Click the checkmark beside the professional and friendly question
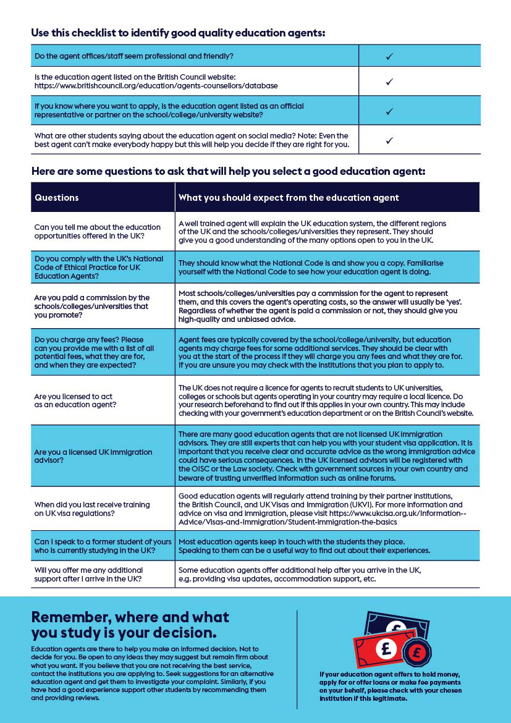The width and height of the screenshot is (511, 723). pos(389,56)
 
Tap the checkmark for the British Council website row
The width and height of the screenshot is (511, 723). pos(389,82)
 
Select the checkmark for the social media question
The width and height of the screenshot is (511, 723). pos(389,140)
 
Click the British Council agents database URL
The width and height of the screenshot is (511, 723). pos(156,86)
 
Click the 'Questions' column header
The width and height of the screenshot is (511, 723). pos(57,198)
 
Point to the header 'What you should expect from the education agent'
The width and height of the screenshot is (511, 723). pos(289,198)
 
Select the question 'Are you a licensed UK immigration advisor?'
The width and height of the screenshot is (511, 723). pos(93,456)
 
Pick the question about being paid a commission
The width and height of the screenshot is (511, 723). pos(91,306)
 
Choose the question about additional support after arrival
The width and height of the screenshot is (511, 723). pos(88,574)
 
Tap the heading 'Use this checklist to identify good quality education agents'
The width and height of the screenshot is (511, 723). pos(178,33)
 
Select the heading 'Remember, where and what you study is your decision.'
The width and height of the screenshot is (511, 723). pos(130,625)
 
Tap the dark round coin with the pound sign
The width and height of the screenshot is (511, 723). pos(416,653)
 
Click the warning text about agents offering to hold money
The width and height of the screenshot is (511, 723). pos(390,686)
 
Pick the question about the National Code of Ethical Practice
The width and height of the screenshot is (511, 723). pos(99,267)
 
